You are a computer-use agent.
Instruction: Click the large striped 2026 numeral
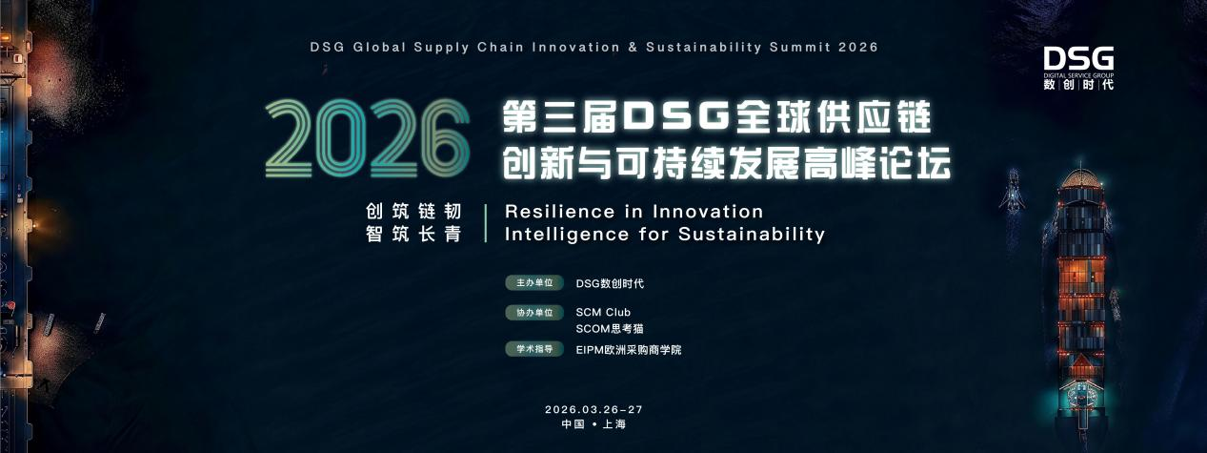(x=367, y=145)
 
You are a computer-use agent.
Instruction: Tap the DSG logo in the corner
(x=1077, y=67)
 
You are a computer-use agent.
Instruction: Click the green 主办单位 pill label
(x=533, y=283)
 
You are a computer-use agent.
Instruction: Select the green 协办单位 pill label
(x=533, y=312)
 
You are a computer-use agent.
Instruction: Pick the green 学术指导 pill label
(x=533, y=349)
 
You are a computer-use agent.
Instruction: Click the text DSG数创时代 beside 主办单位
(x=611, y=283)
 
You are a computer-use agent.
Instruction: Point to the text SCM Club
(x=603, y=312)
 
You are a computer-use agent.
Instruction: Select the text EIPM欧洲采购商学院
(x=629, y=350)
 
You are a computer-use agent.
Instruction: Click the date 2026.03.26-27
(x=600, y=409)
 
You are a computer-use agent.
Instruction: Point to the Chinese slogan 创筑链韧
(x=413, y=211)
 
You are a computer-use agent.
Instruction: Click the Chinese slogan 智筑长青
(x=413, y=234)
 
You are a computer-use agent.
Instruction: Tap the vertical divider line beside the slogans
(x=485, y=222)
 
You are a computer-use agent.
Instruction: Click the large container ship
(x=1080, y=286)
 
